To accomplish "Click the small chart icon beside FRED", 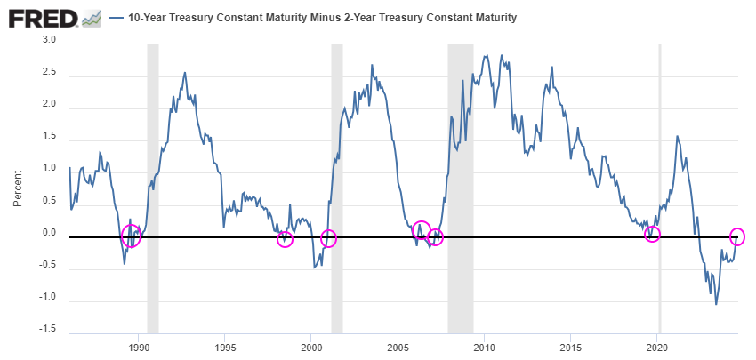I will pos(92,19).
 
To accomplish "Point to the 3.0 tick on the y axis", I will pos(49,41).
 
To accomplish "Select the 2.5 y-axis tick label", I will pos(49,73).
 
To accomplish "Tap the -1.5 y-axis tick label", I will pos(47,329).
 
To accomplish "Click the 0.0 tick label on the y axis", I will pos(49,233).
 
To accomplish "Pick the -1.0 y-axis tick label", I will pos(47,297).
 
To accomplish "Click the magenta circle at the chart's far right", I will pos(737,236).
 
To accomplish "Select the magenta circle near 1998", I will pos(285,238).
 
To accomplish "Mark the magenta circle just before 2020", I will pos(653,234).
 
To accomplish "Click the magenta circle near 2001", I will pos(328,238).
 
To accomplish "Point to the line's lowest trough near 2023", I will pos(716,304).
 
